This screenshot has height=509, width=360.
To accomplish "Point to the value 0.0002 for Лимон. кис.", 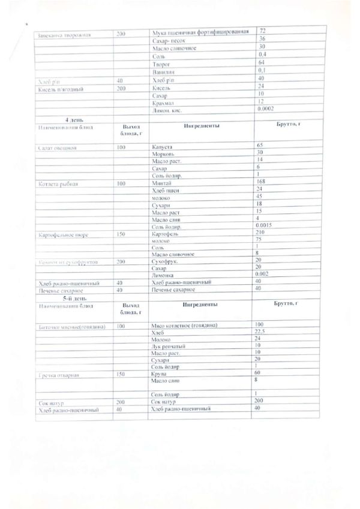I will (x=267, y=109).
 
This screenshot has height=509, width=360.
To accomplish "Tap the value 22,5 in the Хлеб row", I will (x=262, y=332).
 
